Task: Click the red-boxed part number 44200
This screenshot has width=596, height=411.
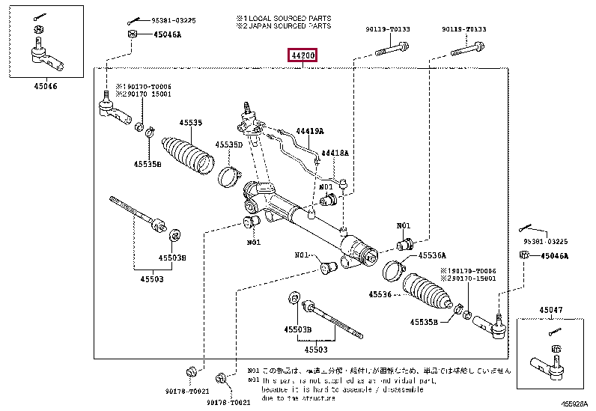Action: coord(303,55)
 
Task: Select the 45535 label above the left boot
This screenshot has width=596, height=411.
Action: coord(190,122)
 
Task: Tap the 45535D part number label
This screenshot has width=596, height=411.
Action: coord(229,144)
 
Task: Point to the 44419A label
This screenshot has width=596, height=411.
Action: coord(309,131)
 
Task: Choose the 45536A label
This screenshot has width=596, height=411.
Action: coord(432,255)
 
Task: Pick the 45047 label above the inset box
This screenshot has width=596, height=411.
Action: coord(553,308)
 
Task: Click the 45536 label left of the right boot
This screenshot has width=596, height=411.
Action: coord(380,294)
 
